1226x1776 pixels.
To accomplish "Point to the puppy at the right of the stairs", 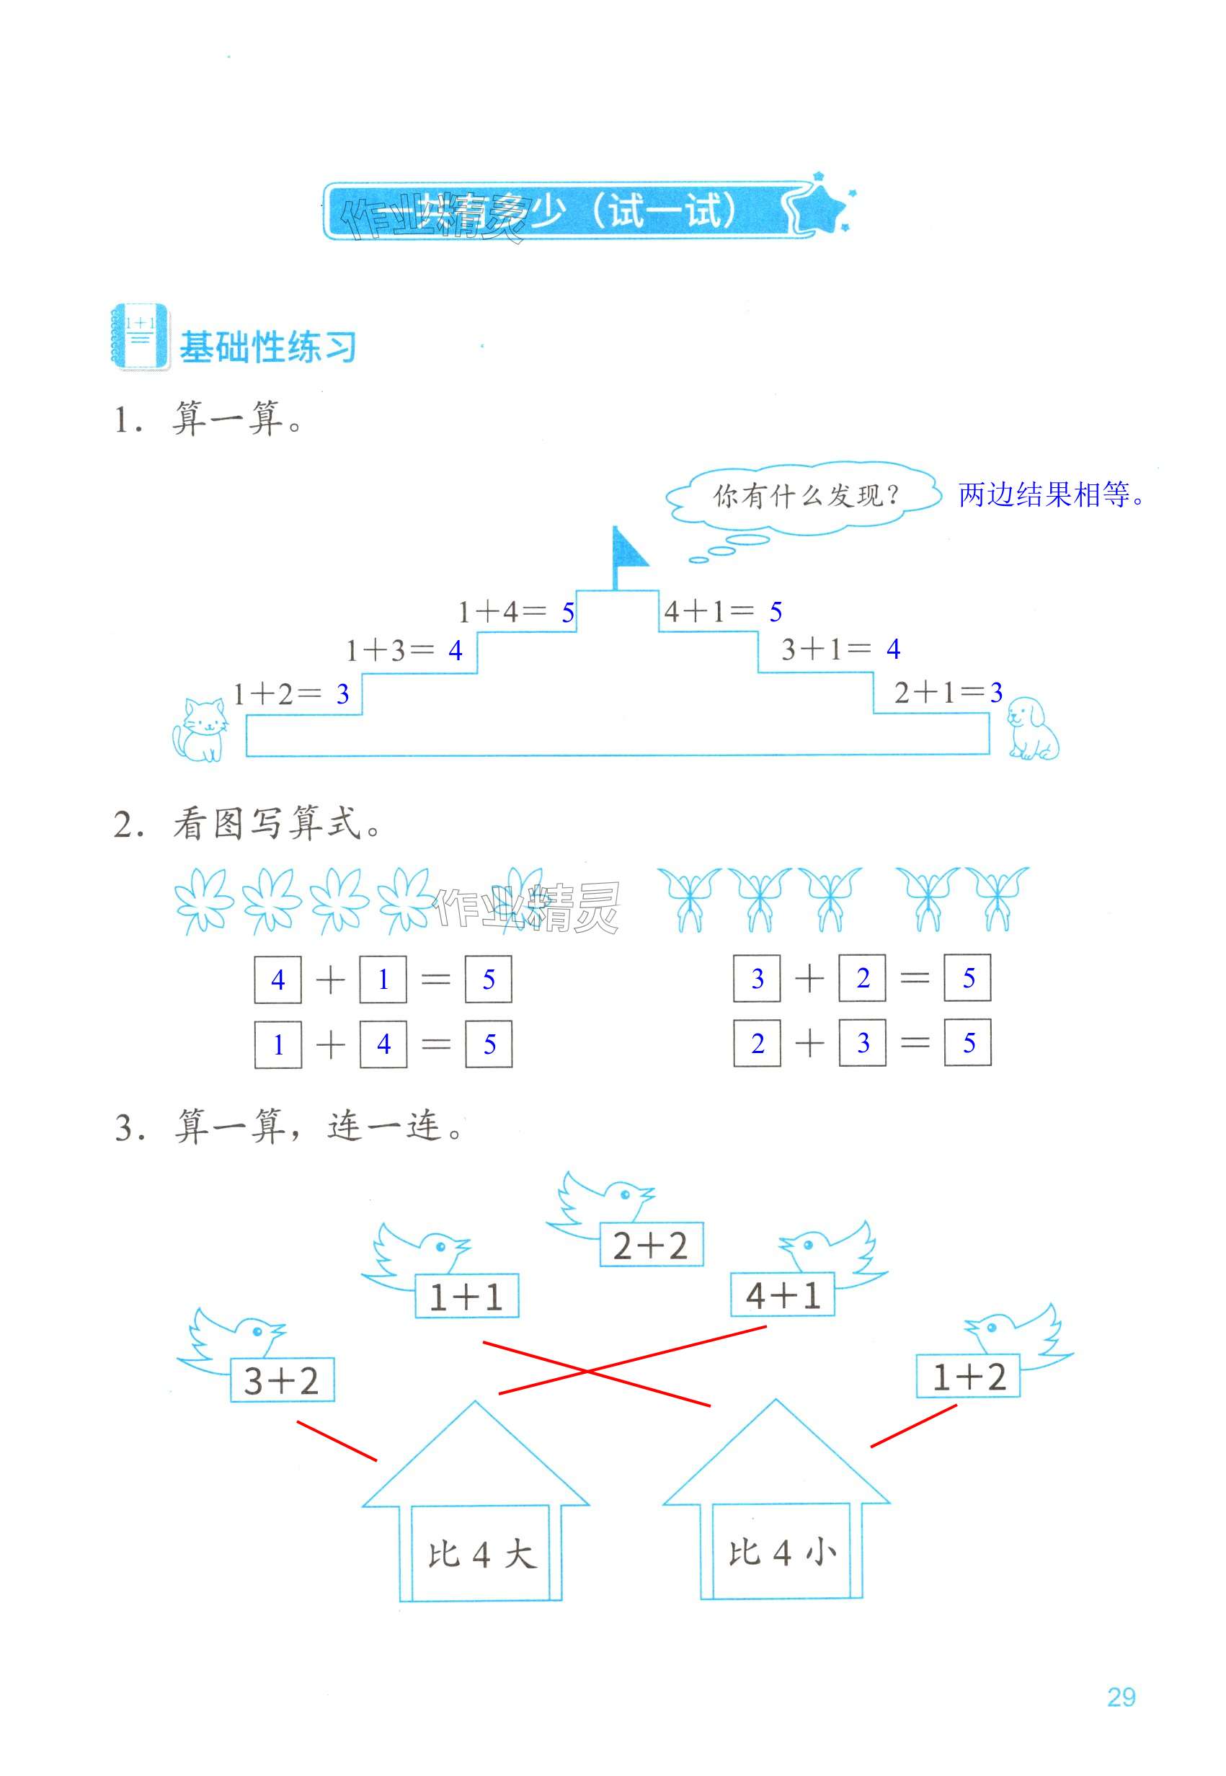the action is (1031, 727).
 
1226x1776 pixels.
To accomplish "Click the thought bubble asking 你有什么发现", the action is (804, 495).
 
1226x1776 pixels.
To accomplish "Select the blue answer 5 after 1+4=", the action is (568, 612).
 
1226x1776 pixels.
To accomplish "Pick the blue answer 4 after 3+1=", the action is (892, 650).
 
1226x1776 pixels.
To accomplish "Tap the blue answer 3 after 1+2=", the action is (342, 694).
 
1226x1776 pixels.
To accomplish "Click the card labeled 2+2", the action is (651, 1246).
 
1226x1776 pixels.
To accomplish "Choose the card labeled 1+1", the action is (466, 1297).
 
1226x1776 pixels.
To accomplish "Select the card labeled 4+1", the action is (782, 1296).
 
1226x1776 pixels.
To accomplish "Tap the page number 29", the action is (1121, 1696).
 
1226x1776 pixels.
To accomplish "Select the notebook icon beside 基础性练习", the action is (141, 337).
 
